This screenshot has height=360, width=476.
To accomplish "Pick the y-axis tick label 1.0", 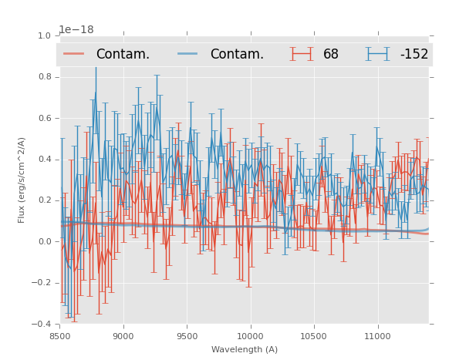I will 43,35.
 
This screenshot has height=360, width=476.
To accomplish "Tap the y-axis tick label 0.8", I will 43,77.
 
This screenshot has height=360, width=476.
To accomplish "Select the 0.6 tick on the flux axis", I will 43,118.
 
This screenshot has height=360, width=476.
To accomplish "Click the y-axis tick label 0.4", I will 43,160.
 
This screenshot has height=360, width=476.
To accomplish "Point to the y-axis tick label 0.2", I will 43,200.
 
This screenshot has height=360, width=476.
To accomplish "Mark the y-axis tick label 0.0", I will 43,241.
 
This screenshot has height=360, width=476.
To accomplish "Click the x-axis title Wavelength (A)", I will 245,349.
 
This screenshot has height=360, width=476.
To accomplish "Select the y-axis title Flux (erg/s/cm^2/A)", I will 22,180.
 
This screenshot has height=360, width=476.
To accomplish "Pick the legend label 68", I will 331,54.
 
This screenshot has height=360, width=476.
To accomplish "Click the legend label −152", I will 414,54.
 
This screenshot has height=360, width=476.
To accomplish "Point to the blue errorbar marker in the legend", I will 378,54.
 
